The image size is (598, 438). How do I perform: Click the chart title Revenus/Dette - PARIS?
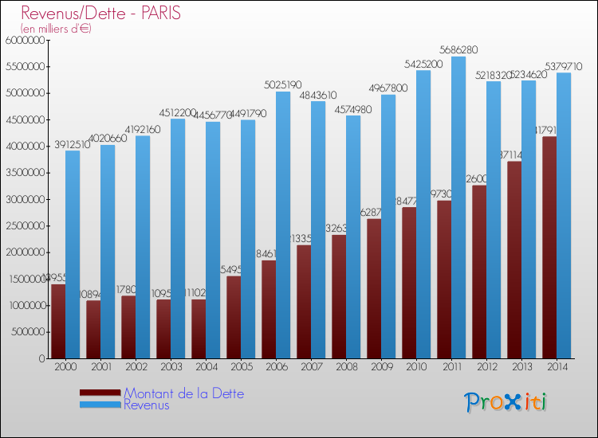pos(101,14)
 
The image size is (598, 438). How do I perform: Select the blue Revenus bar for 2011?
pos(458,207)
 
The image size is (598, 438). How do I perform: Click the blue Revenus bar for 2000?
pos(73,254)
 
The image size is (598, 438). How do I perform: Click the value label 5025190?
pos(282,84)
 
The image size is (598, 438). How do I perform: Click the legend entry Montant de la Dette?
pos(183,393)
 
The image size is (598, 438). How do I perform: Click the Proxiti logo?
pos(506,402)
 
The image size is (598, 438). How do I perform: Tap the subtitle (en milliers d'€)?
pos(56,29)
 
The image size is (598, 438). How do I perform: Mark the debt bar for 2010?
pos(409,283)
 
